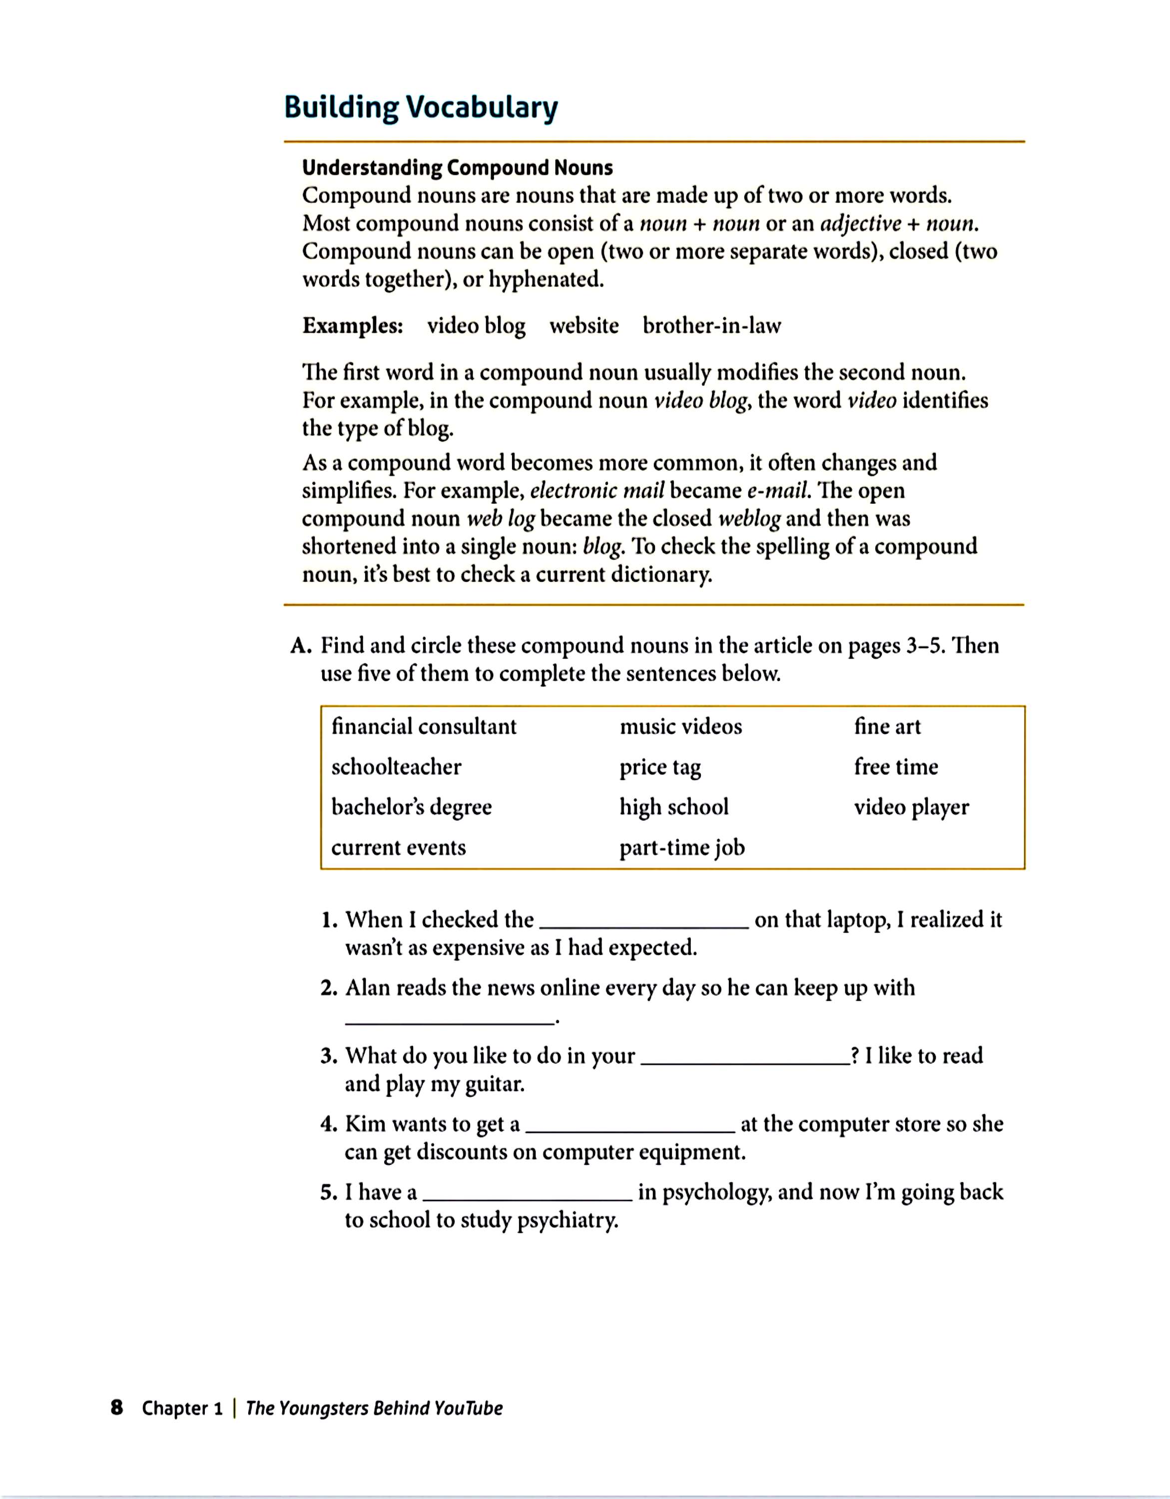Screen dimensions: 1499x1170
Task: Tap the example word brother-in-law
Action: (711, 325)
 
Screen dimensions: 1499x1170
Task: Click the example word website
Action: (584, 325)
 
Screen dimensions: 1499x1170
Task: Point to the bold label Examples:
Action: (353, 325)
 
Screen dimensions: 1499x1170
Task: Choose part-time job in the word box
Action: (682, 848)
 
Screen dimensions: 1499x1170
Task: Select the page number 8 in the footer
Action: (117, 1408)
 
